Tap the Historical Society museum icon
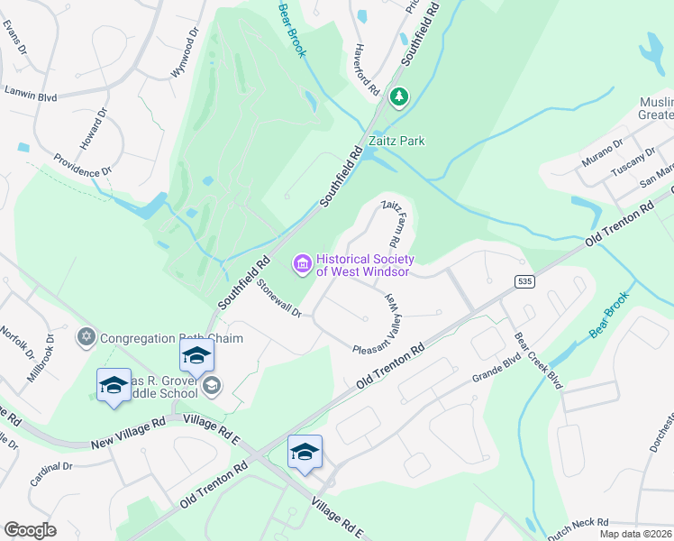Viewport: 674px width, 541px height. pos(302,264)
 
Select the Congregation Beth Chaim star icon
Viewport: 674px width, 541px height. pos(87,338)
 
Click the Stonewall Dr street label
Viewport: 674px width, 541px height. pos(284,298)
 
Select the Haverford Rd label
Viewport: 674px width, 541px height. pos(370,64)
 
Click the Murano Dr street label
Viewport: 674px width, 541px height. pos(606,146)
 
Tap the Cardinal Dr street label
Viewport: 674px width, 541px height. pos(50,472)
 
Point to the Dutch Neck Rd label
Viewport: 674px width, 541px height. pos(578,522)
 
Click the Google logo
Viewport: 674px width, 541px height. pos(30,530)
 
